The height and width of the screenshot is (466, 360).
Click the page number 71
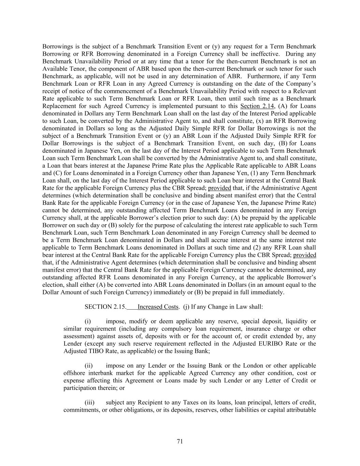click(180, 441)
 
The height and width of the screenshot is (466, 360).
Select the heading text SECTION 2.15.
click(105, 307)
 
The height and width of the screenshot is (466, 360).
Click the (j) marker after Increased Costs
click(186, 307)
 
